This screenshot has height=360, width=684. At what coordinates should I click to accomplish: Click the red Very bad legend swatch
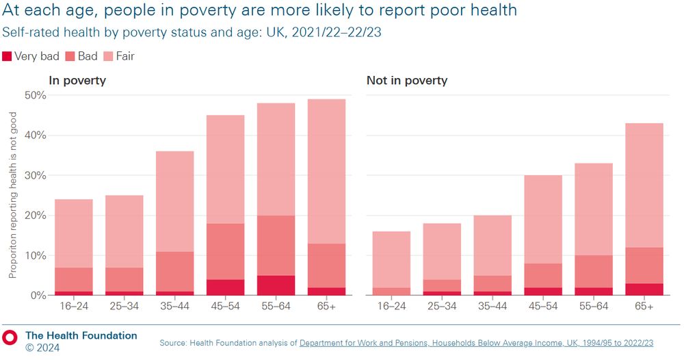click(8, 56)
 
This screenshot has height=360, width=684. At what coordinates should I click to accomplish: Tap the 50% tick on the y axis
click(35, 95)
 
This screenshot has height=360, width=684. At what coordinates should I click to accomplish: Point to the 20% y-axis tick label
click(35, 215)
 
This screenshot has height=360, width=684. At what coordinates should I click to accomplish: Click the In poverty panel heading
click(77, 80)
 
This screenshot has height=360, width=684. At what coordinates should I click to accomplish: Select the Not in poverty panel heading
click(406, 80)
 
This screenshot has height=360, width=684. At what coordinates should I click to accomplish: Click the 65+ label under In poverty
click(326, 307)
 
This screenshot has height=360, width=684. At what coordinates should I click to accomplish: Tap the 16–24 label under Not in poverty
click(391, 307)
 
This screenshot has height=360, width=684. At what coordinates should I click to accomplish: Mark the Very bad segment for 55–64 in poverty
click(276, 285)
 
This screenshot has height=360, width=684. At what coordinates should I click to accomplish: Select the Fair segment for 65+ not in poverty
click(644, 185)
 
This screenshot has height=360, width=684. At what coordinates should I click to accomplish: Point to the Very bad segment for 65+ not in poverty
click(644, 290)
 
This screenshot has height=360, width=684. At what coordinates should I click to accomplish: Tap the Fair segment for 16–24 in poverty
click(73, 233)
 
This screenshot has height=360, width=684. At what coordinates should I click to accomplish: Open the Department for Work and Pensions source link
click(476, 343)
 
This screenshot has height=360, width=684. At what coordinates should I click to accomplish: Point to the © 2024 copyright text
click(42, 348)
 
